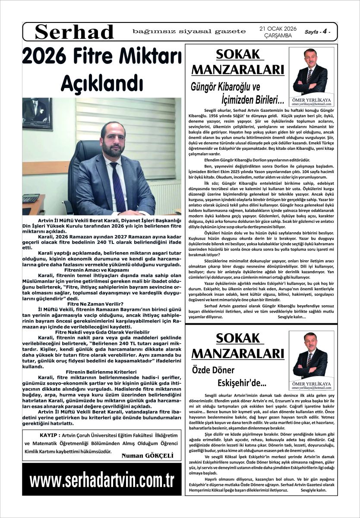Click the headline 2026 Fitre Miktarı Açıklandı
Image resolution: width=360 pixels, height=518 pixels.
coord(102,68)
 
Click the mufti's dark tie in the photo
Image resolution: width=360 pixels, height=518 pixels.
coord(118,186)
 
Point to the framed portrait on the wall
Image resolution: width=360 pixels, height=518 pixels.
coord(38,114)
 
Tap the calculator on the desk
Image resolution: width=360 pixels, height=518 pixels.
coord(31,198)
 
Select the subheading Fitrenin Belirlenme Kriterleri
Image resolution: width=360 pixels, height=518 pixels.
coord(101,371)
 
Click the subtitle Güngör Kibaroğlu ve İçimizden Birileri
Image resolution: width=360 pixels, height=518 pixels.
coord(237,93)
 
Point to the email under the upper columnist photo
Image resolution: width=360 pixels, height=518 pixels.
coord(311,104)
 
